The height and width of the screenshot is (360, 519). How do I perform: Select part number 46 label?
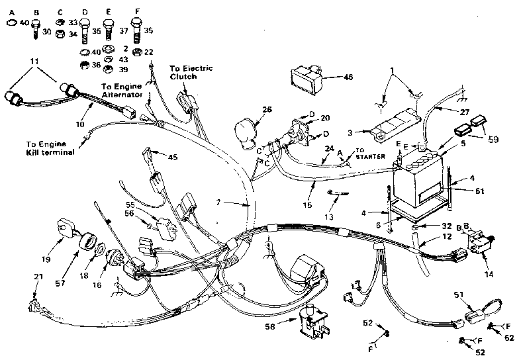348,77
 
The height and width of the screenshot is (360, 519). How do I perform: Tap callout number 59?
492,140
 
